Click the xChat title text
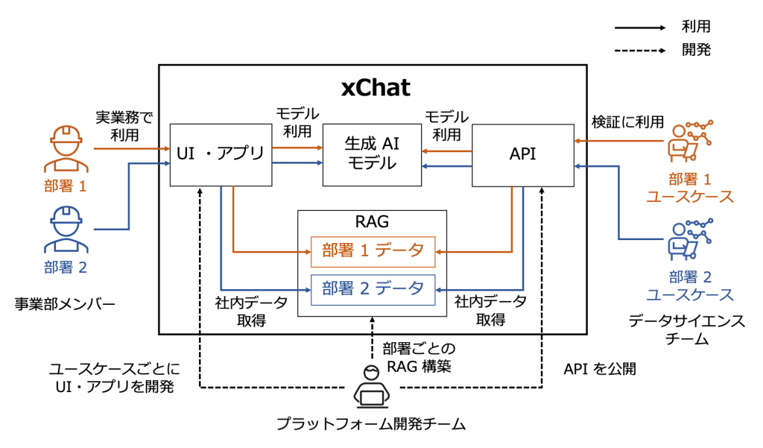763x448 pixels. [x=376, y=87]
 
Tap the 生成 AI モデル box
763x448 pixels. [x=371, y=154]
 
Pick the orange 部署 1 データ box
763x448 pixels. [x=373, y=251]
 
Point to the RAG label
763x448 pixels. [x=373, y=221]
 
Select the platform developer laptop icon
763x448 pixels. [x=370, y=388]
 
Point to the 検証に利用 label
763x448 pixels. [x=627, y=122]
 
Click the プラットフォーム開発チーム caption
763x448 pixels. [x=370, y=425]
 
